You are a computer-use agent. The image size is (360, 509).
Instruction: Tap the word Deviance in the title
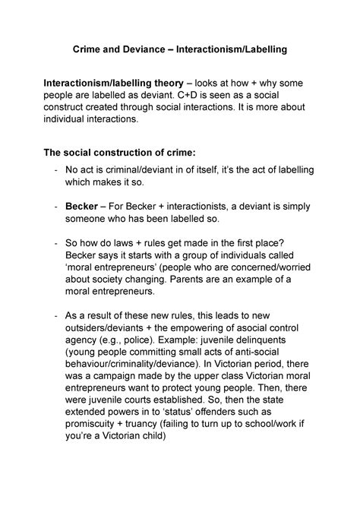tap(144, 49)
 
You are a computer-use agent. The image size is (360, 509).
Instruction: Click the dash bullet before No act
tap(49, 171)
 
